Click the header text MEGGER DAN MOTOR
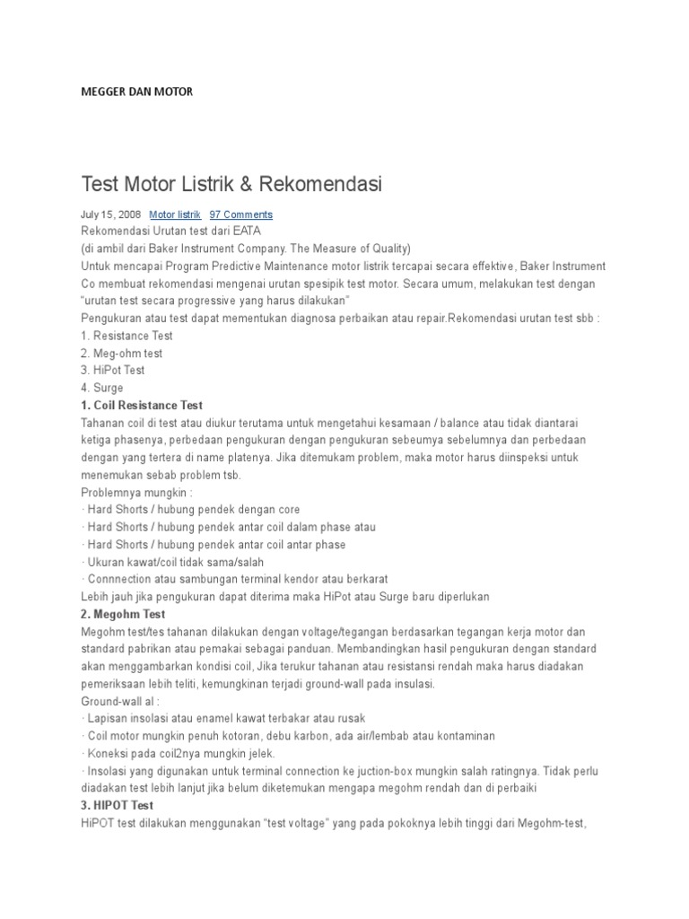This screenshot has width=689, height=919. (136, 92)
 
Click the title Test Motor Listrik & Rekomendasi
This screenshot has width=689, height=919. (231, 185)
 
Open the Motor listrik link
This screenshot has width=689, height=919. (175, 214)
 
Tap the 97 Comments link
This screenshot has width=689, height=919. (240, 214)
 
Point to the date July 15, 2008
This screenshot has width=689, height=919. (110, 214)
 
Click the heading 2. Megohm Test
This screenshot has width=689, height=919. (123, 614)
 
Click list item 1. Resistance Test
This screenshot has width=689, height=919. (126, 336)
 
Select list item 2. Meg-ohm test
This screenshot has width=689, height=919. (121, 354)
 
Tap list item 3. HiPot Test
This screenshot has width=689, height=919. (112, 371)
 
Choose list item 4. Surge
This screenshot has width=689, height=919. (102, 388)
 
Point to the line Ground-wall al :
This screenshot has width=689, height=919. (119, 701)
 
